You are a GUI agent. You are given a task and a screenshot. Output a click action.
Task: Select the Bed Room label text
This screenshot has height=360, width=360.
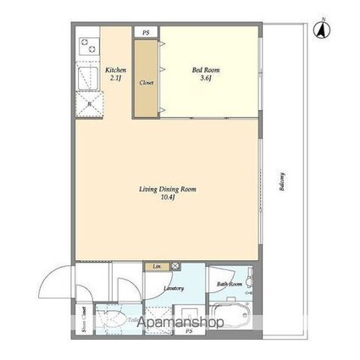(x=204, y=71)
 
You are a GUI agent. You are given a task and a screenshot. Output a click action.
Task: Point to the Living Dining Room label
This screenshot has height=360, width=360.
(x=168, y=189)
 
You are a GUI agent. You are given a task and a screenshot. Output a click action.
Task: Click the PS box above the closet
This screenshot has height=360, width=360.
(x=146, y=32)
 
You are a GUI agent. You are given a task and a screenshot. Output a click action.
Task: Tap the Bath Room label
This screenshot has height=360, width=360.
(x=230, y=284)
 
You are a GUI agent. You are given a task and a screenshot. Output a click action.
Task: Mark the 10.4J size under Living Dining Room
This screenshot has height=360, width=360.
(x=168, y=197)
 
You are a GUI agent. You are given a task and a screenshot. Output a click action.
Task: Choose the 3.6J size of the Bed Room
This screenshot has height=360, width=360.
(x=204, y=79)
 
